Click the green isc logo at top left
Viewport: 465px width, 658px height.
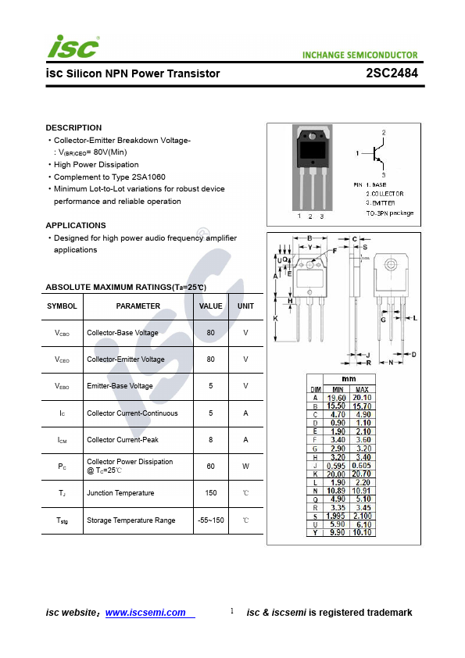click(73, 47)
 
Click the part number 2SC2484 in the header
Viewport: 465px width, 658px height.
click(392, 73)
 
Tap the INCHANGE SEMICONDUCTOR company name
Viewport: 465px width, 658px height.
click(359, 55)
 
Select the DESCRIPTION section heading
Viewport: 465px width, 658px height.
click(74, 127)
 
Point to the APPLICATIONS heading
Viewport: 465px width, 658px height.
click(76, 225)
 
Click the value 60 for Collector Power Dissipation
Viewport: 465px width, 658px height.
click(211, 467)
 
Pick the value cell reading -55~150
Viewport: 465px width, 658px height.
click(211, 520)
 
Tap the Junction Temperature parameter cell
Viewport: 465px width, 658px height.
click(120, 493)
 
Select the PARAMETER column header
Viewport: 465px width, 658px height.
click(138, 306)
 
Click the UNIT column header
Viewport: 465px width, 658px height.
click(245, 306)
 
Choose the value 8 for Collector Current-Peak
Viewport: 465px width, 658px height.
click(211, 440)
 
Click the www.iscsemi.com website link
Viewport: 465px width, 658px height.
click(145, 613)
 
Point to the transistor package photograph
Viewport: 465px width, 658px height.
click(313, 168)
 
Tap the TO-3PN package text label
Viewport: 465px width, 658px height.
click(390, 213)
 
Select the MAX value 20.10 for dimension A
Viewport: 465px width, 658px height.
click(362, 398)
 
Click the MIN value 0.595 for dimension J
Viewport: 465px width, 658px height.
click(336, 466)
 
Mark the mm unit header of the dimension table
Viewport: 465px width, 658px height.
click(349, 379)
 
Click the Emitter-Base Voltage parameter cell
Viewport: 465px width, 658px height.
click(120, 386)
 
